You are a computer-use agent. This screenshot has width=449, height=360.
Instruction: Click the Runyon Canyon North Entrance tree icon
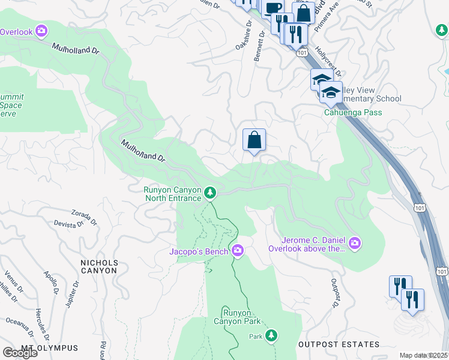(209, 193)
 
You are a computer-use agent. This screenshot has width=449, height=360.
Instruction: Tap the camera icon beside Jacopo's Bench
(238, 250)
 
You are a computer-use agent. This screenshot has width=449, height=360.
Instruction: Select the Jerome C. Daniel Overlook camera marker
(355, 242)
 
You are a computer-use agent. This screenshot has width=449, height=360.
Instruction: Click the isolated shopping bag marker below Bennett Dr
(254, 140)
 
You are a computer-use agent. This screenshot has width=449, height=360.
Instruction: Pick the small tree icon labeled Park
(272, 335)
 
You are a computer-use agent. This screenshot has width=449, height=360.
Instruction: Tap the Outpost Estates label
(339, 344)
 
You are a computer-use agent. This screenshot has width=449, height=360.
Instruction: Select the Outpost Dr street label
(334, 293)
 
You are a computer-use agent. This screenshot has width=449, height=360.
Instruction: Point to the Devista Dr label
(70, 224)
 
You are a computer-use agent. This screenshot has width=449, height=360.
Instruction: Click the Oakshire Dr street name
(243, 36)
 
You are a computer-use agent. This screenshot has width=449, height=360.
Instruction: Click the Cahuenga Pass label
(353, 112)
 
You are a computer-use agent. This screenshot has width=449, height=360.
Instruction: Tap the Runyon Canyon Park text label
(243, 316)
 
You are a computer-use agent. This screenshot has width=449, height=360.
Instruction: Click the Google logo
(20, 352)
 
